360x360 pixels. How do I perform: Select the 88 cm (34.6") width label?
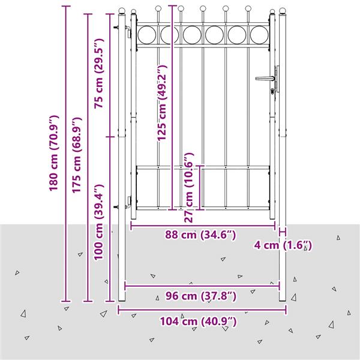pos(200,235)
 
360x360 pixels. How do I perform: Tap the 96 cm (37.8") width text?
pos(200,296)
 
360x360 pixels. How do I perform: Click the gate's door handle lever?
pos(263,77)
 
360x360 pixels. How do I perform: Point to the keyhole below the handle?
pos(273,91)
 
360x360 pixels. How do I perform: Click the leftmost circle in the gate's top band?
pos(146,35)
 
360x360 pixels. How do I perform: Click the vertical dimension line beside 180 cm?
pos(67,153)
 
